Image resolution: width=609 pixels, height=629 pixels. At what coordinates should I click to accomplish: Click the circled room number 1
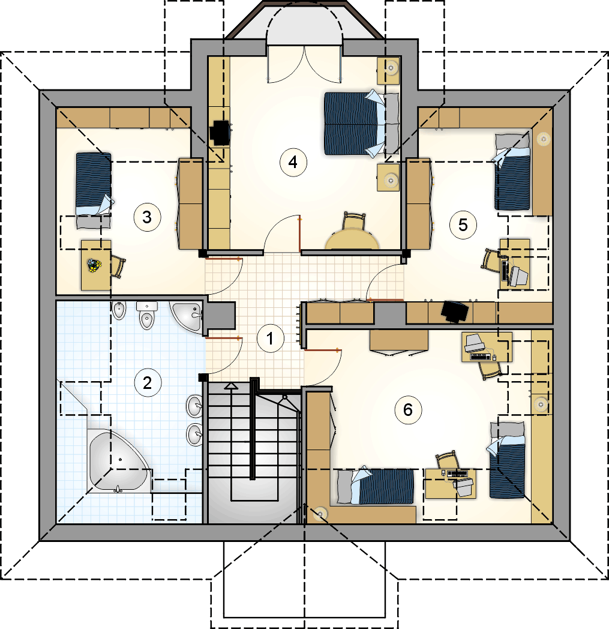[x=270, y=338]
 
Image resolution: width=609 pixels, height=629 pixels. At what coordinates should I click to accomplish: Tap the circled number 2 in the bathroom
[x=148, y=383]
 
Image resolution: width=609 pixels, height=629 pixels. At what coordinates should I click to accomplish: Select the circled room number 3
[x=147, y=217]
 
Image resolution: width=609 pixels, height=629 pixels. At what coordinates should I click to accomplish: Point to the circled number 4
[x=293, y=163]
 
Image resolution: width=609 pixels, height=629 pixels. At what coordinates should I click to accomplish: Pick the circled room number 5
[x=463, y=224]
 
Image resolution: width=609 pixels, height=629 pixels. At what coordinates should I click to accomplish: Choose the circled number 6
[x=408, y=410]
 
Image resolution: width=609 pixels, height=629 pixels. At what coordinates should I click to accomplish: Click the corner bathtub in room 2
[x=118, y=462]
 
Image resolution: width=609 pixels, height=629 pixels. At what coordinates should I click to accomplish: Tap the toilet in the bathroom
[x=147, y=315]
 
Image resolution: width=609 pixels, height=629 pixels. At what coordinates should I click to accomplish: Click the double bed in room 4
[x=361, y=123]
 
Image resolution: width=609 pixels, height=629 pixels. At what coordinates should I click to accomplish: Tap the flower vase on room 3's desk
[x=94, y=265]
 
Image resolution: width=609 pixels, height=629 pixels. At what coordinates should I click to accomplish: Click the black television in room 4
[x=220, y=133]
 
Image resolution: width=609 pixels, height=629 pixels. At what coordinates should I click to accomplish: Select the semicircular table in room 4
[x=353, y=239]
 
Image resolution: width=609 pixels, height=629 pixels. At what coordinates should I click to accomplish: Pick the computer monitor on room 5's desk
[x=518, y=275]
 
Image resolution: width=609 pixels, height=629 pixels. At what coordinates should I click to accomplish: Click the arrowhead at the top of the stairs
[x=231, y=386]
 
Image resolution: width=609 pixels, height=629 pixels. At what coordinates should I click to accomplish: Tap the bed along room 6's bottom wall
[x=376, y=487]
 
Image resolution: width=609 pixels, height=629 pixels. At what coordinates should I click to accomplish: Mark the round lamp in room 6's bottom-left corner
[x=320, y=513]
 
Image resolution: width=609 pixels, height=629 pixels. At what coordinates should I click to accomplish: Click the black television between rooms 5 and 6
[x=455, y=311]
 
